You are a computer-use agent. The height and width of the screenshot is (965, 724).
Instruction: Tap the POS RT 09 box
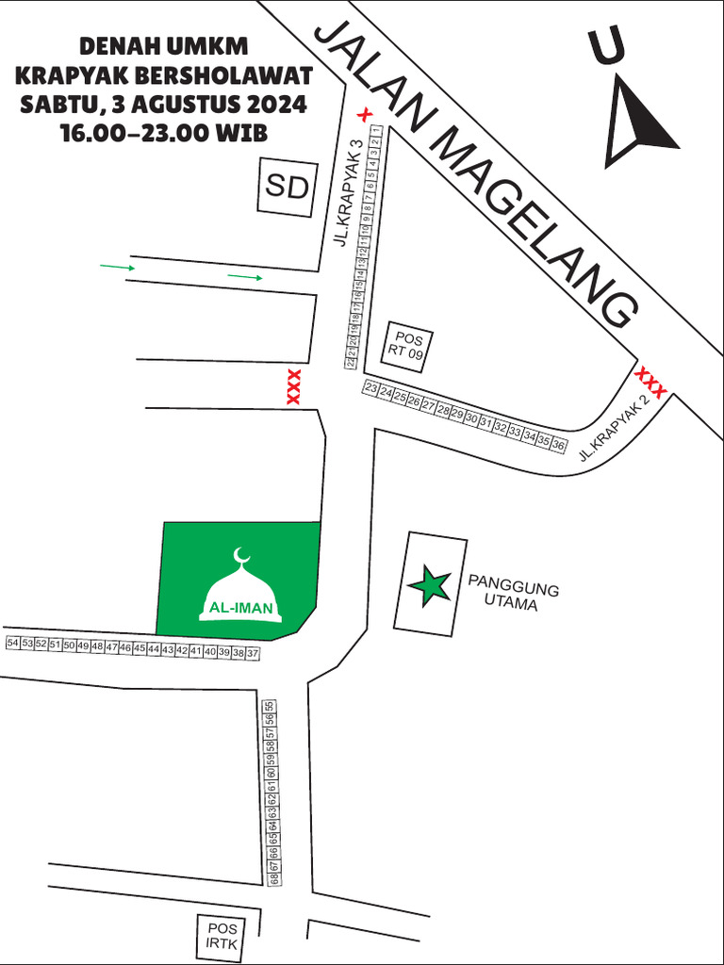pyautogui.click(x=408, y=346)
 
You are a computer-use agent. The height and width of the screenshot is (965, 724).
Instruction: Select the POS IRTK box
pyautogui.click(x=222, y=937)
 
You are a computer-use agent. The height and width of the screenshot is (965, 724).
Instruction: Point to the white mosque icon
pyautogui.click(x=241, y=589)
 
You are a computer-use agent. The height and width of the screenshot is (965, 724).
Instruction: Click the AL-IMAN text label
pyautogui.click(x=241, y=609)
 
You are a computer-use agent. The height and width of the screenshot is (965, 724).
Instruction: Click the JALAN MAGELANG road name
pyautogui.click(x=476, y=174)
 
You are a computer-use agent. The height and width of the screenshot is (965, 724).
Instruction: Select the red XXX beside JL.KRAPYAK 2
pyautogui.click(x=651, y=382)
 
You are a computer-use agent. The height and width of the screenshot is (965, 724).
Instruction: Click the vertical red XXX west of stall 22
pyautogui.click(x=293, y=387)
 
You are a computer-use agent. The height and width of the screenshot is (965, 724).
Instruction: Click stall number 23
pyautogui.click(x=370, y=388)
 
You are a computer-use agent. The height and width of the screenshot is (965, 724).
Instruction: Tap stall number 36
pyautogui.click(x=558, y=444)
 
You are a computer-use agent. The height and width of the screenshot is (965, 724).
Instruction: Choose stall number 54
pyautogui.click(x=12, y=643)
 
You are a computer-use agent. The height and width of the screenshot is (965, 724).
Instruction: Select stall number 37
pyautogui.click(x=252, y=653)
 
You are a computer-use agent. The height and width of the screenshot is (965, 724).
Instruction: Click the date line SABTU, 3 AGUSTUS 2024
pyautogui.click(x=164, y=104)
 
